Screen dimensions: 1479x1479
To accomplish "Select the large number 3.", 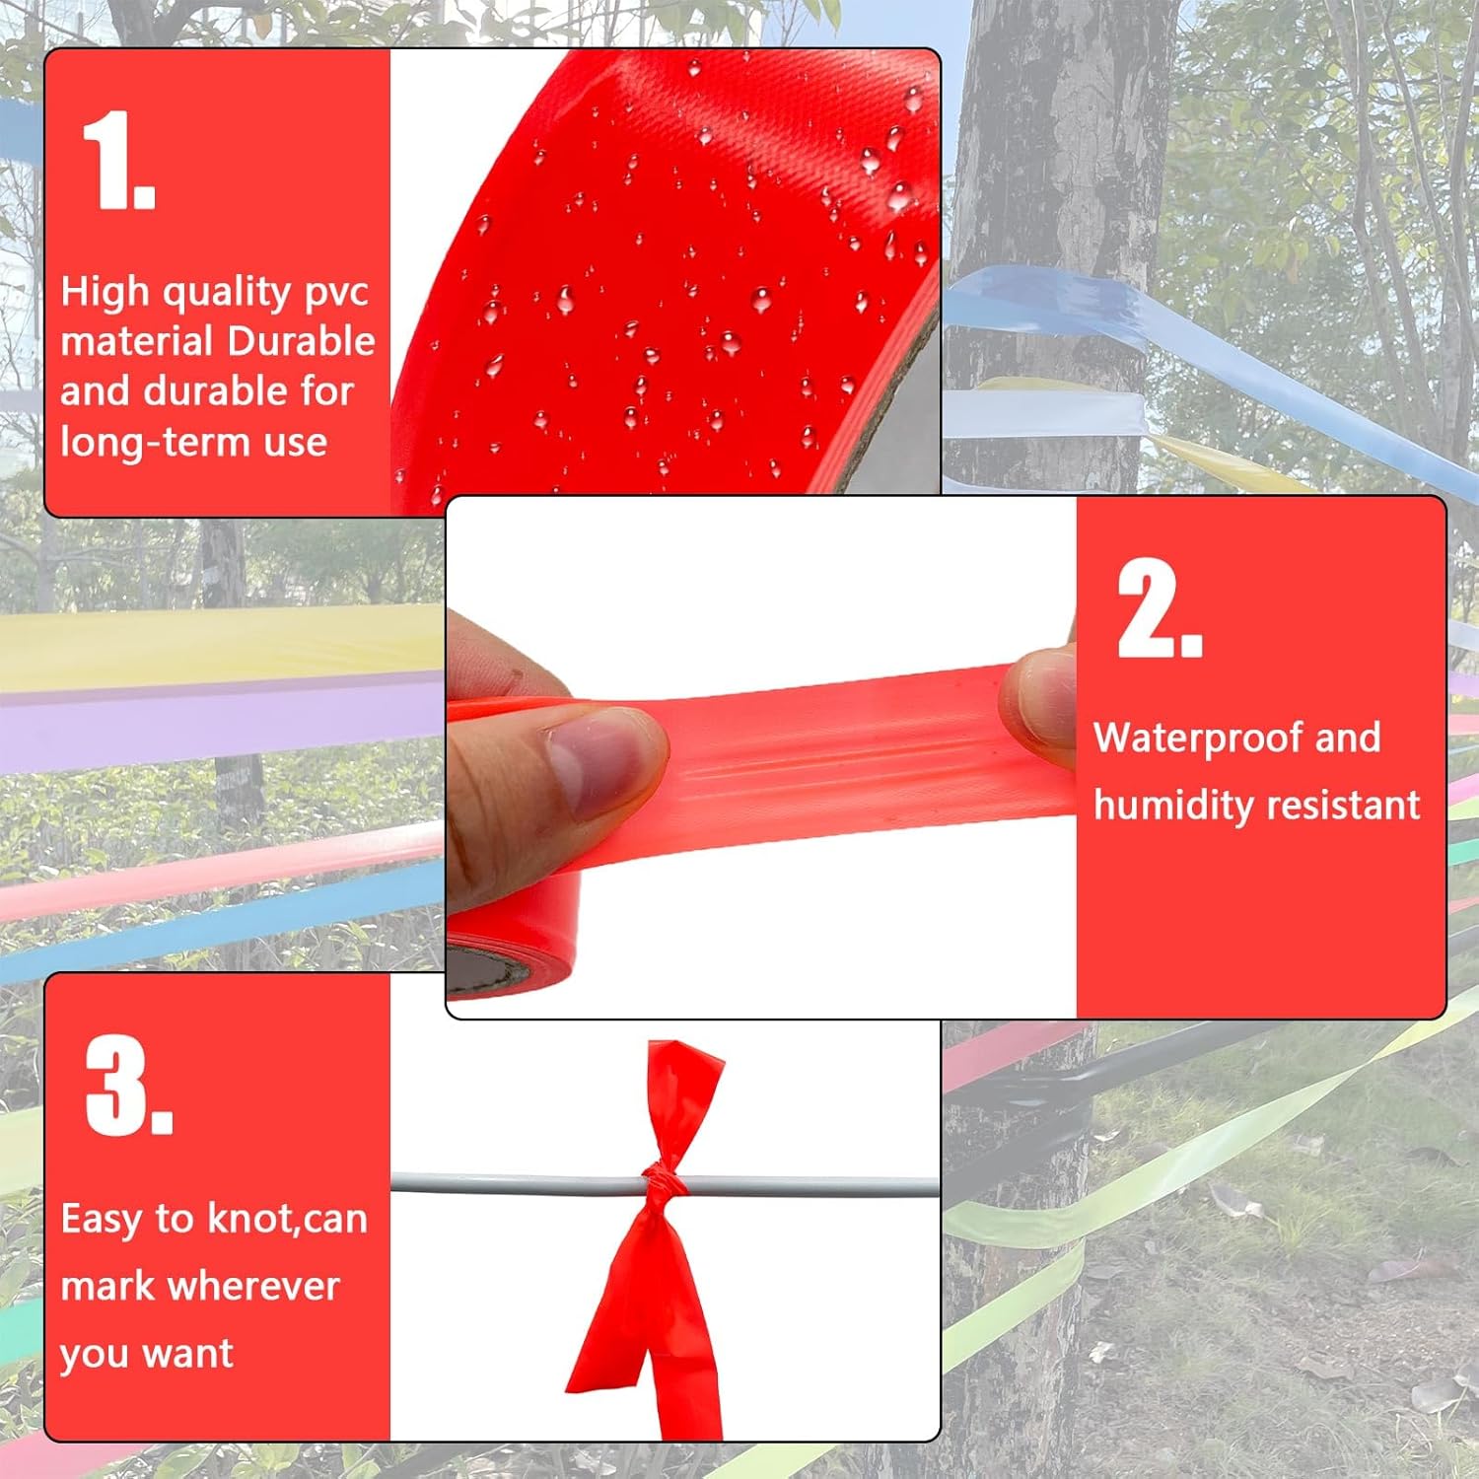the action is (129, 1086).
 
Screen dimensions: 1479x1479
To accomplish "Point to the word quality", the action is (226, 293).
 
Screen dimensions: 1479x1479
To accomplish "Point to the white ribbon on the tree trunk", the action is (1043, 413).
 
